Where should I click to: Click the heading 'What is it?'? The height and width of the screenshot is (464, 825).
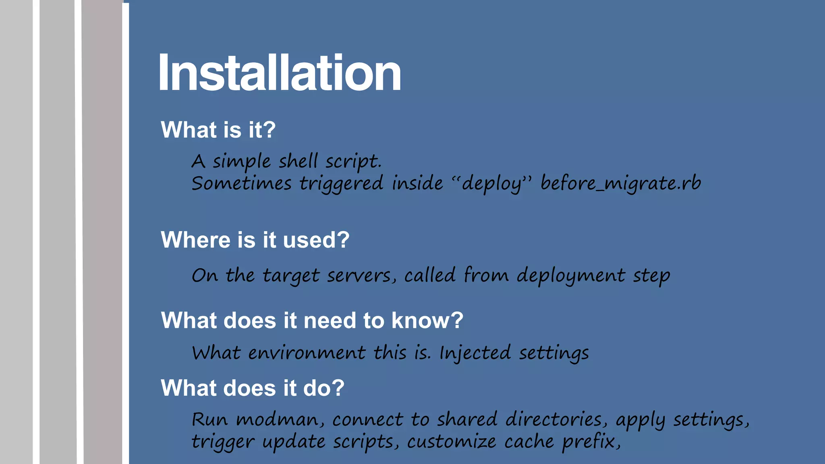[218, 130]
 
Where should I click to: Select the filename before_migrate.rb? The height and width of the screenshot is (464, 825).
[620, 183]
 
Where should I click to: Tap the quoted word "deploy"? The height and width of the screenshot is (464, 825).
[491, 184]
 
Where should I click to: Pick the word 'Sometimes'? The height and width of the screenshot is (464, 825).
[241, 184]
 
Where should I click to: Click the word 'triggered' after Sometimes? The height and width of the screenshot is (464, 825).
[341, 184]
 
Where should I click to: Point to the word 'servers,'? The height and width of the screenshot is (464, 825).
[359, 275]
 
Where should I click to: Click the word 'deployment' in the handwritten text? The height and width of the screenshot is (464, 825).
[571, 276]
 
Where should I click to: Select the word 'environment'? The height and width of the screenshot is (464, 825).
[307, 353]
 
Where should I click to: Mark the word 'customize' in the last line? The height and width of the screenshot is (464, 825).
[452, 441]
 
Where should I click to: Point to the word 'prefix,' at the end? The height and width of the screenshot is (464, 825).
[591, 441]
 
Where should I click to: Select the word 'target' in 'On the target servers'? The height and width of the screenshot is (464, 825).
[291, 276]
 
